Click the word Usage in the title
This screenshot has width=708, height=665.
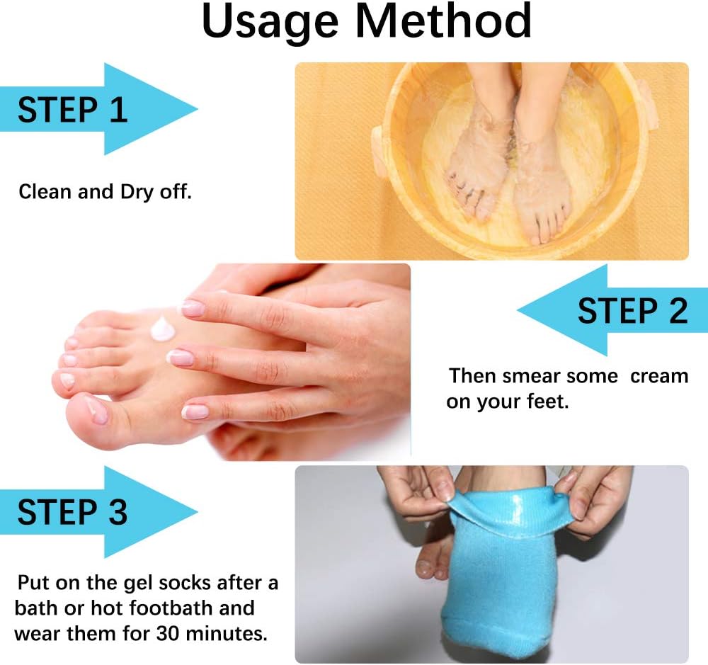tap(270, 22)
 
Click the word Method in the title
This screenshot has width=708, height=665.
tap(443, 22)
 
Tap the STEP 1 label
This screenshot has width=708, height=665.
tap(72, 110)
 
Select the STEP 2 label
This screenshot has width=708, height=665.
tap(632, 311)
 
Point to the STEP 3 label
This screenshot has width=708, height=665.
tap(72, 512)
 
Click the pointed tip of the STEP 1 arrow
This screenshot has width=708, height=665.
tap(196, 110)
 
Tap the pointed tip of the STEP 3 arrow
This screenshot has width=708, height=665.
tap(196, 511)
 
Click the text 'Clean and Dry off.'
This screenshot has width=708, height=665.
tap(105, 191)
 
